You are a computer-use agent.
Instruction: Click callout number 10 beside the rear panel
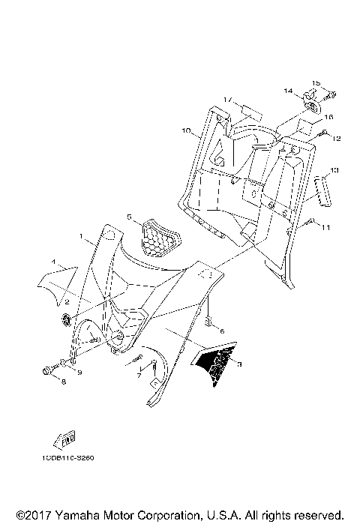pyautogui.click(x=186, y=130)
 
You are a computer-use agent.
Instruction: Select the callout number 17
pyautogui.click(x=227, y=99)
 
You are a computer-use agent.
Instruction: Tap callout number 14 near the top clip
pyautogui.click(x=287, y=91)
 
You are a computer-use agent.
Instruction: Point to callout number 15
pyautogui.click(x=316, y=82)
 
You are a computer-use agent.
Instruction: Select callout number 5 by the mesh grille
pyautogui.click(x=129, y=217)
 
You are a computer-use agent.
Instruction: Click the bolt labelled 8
pyautogui.click(x=49, y=370)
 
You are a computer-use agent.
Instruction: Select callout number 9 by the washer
pyautogui.click(x=79, y=372)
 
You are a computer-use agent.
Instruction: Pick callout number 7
pyautogui.click(x=138, y=375)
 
